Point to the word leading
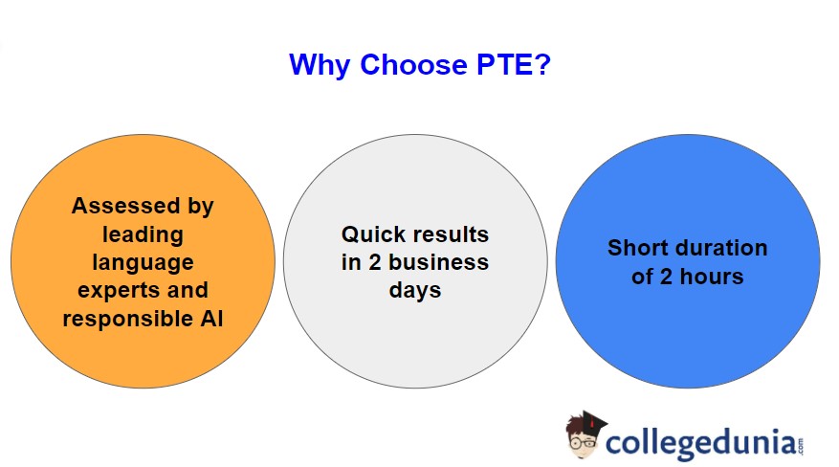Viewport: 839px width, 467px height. (143, 233)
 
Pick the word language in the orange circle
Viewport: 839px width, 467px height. (143, 261)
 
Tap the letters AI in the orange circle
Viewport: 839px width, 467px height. (211, 319)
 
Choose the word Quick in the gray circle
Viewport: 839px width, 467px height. (374, 234)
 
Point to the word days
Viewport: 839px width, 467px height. (414, 290)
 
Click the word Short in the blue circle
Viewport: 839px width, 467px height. (638, 248)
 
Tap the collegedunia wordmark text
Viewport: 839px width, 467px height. (699, 443)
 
